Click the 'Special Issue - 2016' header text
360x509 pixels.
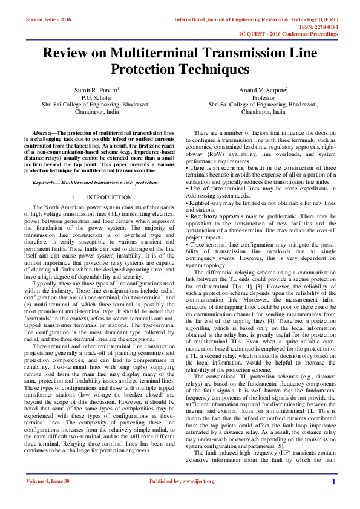[x=48, y=19]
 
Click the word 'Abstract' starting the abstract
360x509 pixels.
[x=43, y=132]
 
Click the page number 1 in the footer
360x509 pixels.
[x=333, y=498]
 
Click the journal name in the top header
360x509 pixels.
[x=256, y=19]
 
